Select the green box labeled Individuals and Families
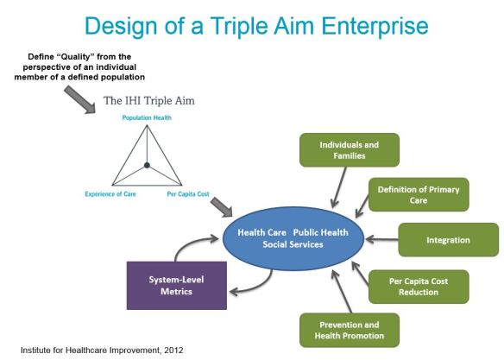(337, 149)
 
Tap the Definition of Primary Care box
(418, 194)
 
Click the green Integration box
(448, 239)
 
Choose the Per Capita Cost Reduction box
(419, 286)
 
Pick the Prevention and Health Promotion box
(337, 331)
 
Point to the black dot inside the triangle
(148, 165)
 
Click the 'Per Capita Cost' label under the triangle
(189, 194)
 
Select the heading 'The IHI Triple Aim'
(149, 101)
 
